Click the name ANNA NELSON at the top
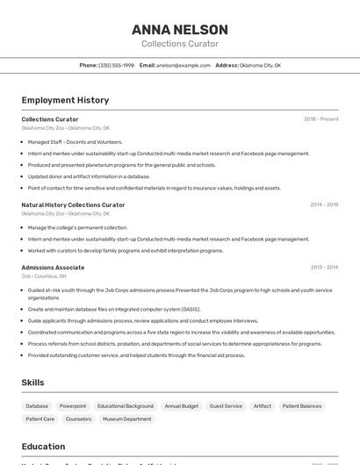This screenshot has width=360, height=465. (180, 30)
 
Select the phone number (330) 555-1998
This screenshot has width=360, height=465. (116, 65)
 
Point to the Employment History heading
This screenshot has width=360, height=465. (65, 100)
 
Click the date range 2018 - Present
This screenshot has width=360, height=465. (320, 119)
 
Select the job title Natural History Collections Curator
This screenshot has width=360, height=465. (73, 204)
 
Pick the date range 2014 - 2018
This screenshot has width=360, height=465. (324, 204)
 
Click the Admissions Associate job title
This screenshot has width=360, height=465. (53, 268)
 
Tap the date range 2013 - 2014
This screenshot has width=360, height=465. (324, 268)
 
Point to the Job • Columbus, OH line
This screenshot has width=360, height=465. (51, 276)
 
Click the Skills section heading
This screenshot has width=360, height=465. (33, 383)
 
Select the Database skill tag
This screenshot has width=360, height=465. (37, 406)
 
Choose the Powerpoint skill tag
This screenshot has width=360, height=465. (73, 406)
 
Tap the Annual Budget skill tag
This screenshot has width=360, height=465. (182, 406)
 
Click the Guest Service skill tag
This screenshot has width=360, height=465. (226, 406)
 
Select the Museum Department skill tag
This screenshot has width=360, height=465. (126, 419)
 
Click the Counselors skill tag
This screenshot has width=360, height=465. (78, 419)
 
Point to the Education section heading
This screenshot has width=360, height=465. (43, 447)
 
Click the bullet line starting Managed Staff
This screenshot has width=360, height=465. (75, 141)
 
